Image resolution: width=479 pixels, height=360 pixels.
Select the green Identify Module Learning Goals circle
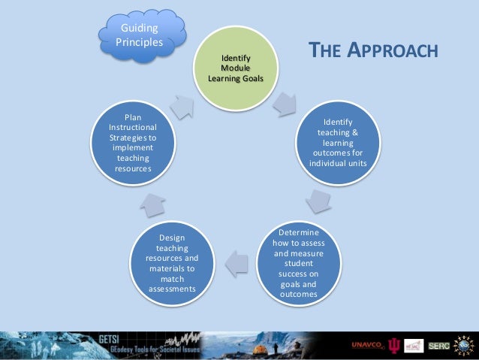tap(236, 68)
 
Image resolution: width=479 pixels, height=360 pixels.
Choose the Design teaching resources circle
tap(172, 263)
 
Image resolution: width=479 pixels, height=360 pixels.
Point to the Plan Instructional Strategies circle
tap(133, 143)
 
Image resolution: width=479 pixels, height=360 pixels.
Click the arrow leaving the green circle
tap(285, 104)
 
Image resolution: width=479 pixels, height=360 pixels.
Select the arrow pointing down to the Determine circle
tap(319, 202)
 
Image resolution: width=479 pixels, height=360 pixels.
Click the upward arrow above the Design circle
tap(152, 202)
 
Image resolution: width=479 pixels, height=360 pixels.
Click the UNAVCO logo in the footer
tap(366, 346)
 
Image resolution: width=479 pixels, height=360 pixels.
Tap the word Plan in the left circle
tap(133, 117)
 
